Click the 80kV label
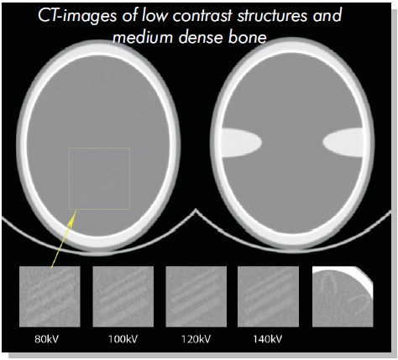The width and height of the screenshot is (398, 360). click(x=47, y=339)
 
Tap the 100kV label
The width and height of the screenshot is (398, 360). click(x=123, y=339)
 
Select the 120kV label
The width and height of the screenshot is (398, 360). click(x=196, y=339)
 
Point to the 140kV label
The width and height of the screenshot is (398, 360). click(x=268, y=339)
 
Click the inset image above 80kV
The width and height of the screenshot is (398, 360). click(x=50, y=296)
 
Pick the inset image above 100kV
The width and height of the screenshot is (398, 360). click(x=123, y=296)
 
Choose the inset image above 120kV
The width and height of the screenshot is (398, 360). click(x=196, y=296)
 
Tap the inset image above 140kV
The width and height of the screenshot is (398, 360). click(x=268, y=296)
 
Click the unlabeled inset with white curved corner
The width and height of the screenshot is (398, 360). click(x=343, y=296)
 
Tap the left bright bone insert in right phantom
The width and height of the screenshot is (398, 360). click(x=242, y=143)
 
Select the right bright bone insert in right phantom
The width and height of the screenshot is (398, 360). click(x=343, y=143)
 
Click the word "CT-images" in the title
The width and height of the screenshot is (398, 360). click(x=77, y=16)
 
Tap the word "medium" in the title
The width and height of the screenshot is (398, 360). click(x=142, y=37)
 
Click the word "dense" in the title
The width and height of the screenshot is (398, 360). click(x=201, y=37)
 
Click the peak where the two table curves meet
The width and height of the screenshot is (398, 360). click(x=196, y=211)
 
